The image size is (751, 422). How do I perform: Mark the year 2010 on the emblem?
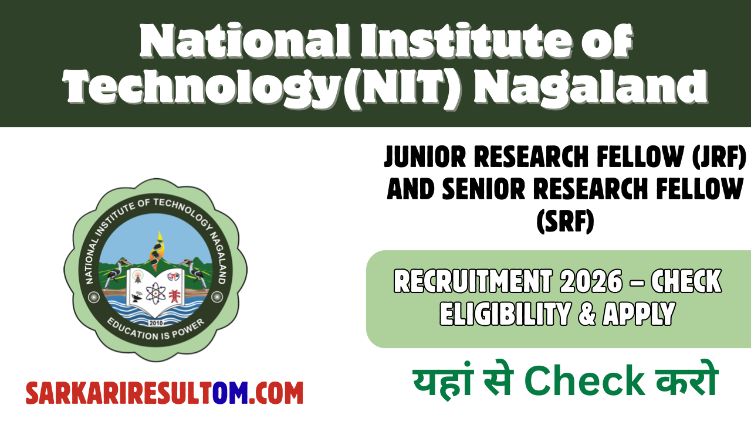[x=155, y=322]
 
